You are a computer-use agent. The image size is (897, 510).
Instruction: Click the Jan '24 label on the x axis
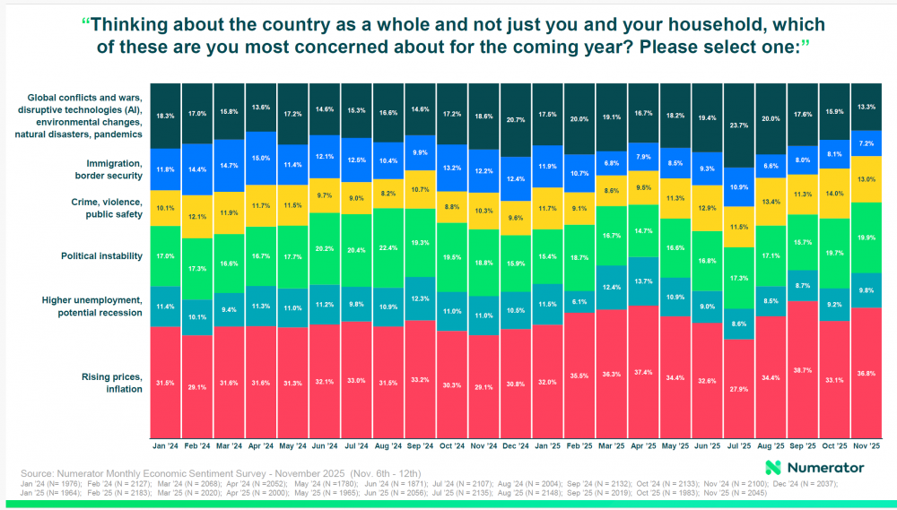pos(165,445)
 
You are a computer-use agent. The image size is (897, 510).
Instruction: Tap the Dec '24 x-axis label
pos(516,445)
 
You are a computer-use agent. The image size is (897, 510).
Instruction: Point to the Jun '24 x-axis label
pos(325,445)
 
